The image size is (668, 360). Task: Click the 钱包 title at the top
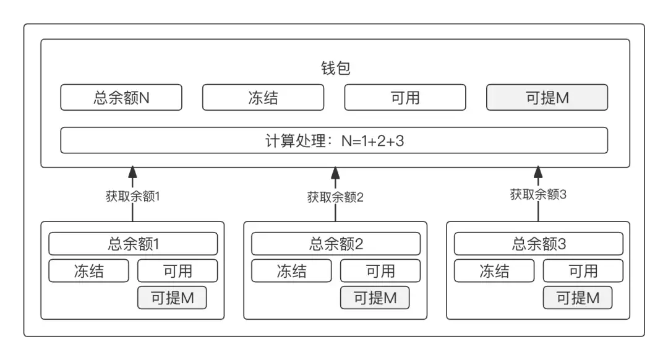click(336, 68)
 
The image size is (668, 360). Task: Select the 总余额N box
click(121, 98)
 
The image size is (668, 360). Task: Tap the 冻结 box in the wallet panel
click(263, 98)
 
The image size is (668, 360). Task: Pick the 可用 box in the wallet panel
click(405, 98)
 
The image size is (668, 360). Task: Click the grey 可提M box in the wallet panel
click(547, 98)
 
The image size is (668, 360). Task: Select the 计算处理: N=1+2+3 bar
click(334, 140)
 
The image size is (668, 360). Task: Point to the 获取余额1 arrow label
click(132, 197)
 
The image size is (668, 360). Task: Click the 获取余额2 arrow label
click(335, 197)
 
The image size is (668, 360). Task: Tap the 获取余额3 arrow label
click(538, 195)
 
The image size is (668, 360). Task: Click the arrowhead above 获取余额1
click(132, 172)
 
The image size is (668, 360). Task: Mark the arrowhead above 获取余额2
click(335, 172)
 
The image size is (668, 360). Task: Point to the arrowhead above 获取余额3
click(538, 172)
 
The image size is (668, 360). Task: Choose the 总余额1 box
click(133, 244)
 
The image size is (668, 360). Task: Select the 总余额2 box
click(336, 244)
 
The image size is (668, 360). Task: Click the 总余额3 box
click(539, 244)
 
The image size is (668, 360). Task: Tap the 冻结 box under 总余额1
click(88, 271)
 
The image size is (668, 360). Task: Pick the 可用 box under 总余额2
click(380, 271)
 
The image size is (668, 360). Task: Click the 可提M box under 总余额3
click(578, 298)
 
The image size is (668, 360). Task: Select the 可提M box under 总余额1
click(172, 298)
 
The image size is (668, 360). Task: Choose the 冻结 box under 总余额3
click(494, 271)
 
